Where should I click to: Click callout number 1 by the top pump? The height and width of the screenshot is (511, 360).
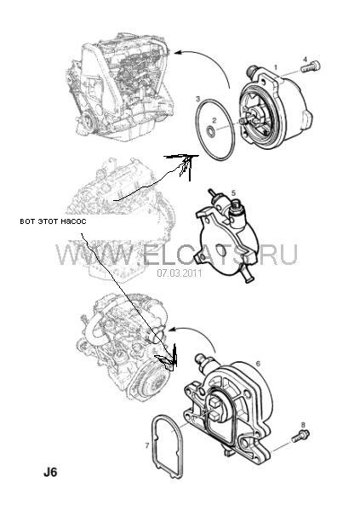276,67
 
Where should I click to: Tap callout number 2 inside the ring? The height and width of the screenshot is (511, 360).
214,120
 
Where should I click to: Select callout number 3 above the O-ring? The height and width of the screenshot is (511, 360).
197,98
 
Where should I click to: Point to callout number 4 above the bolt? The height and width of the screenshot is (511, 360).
305,60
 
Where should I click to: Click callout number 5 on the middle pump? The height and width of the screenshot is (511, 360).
233,193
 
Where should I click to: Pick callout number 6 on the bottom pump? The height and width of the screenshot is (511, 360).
258,364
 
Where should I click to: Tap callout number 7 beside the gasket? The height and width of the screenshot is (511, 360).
147,445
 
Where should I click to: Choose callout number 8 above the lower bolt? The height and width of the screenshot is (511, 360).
303,425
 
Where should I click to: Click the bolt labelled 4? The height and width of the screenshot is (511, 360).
310,67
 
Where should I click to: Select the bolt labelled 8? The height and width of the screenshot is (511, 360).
300,436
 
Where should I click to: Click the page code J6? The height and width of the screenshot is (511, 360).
50,473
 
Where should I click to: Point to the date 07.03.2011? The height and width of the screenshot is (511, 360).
180,273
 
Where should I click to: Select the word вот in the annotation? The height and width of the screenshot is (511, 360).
27,221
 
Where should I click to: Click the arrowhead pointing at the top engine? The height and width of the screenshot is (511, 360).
178,52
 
